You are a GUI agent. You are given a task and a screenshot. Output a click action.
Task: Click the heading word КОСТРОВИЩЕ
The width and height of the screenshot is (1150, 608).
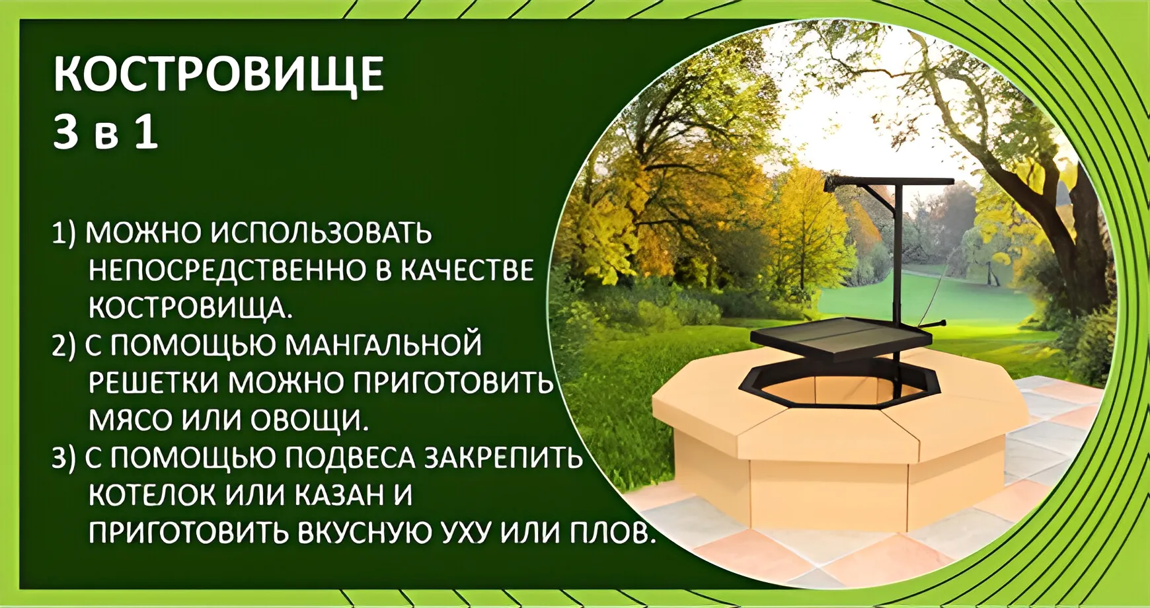click(x=218, y=74)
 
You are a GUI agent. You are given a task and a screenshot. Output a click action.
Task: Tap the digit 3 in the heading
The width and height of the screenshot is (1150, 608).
click(x=65, y=132)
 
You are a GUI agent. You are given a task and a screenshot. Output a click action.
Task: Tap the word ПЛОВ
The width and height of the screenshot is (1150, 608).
click(x=612, y=533)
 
